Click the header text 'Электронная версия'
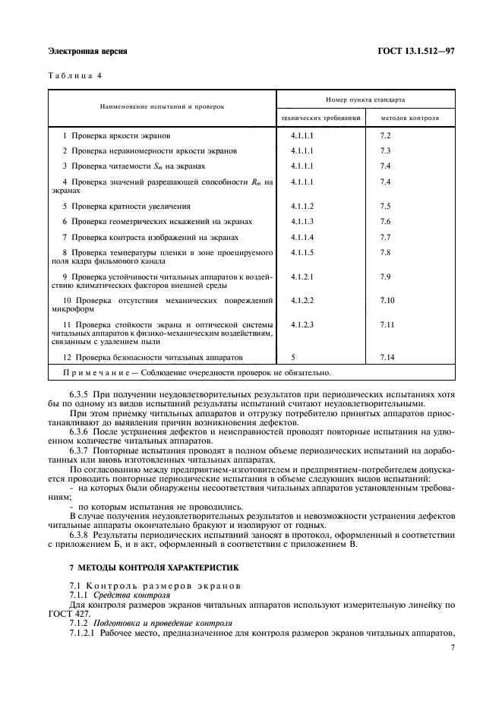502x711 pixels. (87, 51)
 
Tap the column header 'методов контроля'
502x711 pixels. (409, 119)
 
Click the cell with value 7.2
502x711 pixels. (385, 134)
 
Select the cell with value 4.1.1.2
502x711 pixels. (302, 206)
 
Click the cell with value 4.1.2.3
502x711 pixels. (302, 324)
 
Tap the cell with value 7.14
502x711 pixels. (387, 356)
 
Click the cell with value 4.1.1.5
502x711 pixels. (302, 252)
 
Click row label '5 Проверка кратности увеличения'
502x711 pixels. (126, 207)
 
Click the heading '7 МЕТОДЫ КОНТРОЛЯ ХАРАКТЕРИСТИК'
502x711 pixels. (153, 567)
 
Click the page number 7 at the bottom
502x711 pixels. (451, 647)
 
